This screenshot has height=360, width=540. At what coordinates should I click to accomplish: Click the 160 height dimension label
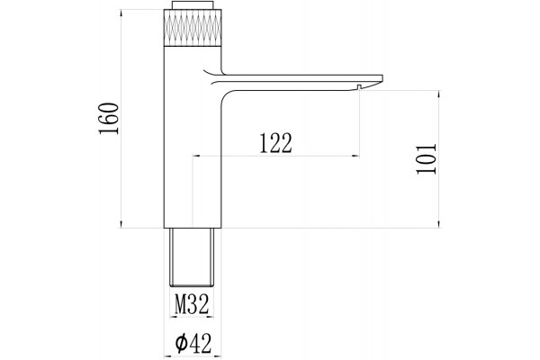(109, 118)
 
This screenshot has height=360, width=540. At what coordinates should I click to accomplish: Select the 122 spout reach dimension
(275, 142)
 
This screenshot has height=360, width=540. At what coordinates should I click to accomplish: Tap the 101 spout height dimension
(427, 158)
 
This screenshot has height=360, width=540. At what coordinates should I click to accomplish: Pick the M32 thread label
(192, 304)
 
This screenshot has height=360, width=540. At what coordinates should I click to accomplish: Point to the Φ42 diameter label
(193, 343)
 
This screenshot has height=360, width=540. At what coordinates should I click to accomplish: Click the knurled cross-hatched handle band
(193, 28)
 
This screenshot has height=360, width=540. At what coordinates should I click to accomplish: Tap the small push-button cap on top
(193, 5)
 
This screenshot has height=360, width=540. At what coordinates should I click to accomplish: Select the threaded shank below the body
(192, 257)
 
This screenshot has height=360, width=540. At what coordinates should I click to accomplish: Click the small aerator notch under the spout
(359, 87)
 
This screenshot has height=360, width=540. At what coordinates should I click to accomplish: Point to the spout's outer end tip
(382, 78)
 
